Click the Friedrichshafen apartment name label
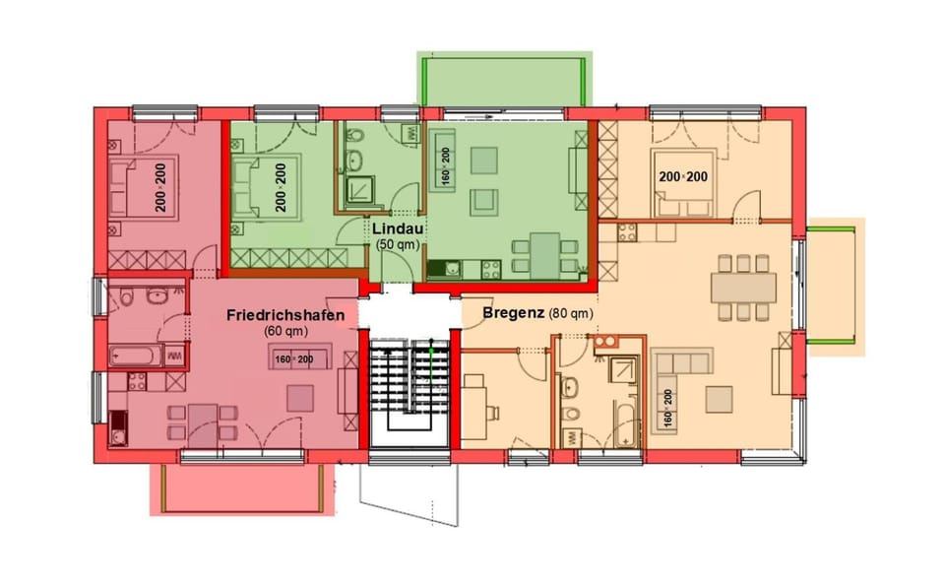[284, 315]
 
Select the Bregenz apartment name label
[514, 313]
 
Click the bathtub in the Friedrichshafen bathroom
[136, 355]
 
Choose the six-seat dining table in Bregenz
[743, 287]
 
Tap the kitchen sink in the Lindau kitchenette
[450, 267]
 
